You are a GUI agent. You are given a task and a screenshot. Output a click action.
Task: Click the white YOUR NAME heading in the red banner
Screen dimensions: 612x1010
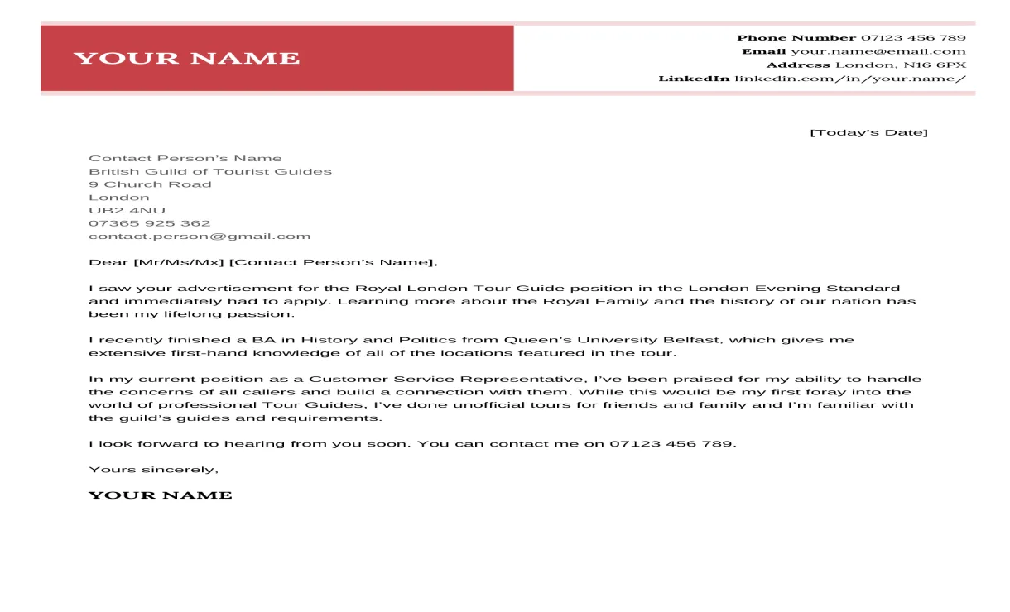(x=186, y=58)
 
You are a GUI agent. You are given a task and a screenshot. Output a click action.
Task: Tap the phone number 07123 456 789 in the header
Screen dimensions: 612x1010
(x=913, y=38)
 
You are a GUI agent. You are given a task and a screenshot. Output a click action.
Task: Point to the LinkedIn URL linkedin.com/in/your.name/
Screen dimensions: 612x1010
(x=850, y=79)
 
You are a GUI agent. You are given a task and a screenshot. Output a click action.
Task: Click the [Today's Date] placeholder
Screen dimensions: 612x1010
(x=868, y=132)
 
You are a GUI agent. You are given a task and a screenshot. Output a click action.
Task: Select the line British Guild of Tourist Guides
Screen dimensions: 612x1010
(x=210, y=171)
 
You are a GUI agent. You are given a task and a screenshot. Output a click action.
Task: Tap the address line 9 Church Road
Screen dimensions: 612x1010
(x=150, y=184)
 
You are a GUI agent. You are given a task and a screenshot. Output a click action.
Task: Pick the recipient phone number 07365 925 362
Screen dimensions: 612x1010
(x=149, y=223)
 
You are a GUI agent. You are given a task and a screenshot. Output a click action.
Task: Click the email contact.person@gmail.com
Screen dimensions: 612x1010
(x=200, y=237)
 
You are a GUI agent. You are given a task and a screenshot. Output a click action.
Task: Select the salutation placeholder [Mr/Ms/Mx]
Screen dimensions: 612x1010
(x=178, y=263)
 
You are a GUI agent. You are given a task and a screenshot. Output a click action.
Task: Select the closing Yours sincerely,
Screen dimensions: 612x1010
(x=153, y=470)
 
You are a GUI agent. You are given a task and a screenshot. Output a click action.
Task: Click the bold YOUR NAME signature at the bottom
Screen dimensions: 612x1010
(x=160, y=495)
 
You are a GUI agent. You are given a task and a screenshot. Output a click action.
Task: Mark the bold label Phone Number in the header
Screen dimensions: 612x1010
(x=796, y=38)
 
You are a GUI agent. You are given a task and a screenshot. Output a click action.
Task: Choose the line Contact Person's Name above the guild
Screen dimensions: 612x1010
(x=185, y=159)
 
